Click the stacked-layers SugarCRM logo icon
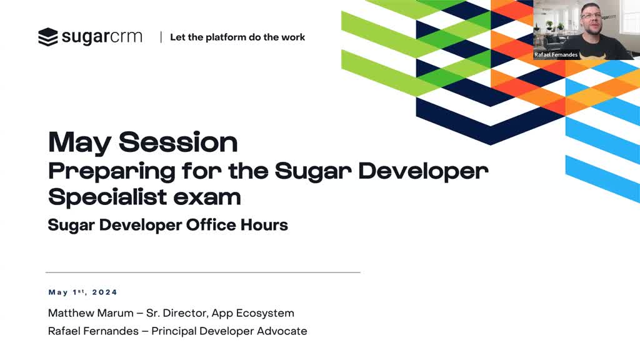coord(48,37)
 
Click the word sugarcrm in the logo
coord(102,37)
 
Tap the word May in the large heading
coord(79,143)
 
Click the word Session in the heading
coord(178,142)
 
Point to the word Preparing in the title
coord(112,172)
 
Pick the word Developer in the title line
coord(423,172)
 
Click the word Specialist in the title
coord(107,197)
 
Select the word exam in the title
coord(207,198)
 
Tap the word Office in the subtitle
coord(211,225)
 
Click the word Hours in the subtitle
coord(264,225)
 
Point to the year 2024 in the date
coord(105,292)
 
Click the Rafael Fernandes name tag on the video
coord(556,55)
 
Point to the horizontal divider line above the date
coord(203,272)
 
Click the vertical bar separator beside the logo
coord(161,37)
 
